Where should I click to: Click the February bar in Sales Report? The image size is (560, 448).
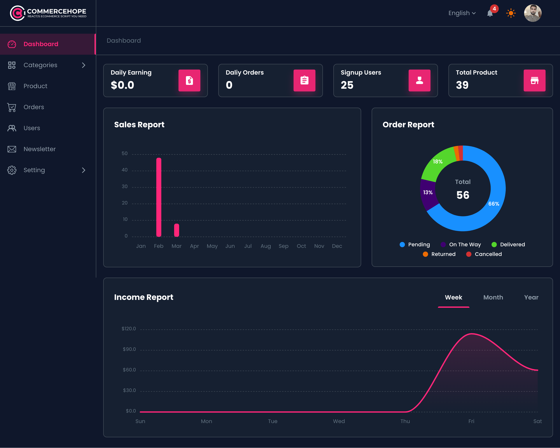coord(159,197)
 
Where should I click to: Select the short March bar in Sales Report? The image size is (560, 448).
coord(177,230)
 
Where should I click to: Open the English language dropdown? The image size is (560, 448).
coord(462,13)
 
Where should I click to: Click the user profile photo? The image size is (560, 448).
coord(532,13)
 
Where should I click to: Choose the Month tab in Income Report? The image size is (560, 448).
coord(493,297)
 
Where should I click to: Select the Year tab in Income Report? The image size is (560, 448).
coord(531,297)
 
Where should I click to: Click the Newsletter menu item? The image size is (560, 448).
coord(39,149)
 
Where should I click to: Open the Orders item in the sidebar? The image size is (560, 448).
coord(34,107)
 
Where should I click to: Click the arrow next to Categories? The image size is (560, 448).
coord(83,65)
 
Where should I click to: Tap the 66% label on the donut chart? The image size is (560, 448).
coord(493,204)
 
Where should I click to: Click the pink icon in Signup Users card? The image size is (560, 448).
coord(419,80)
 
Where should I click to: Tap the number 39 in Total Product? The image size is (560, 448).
coord(462,85)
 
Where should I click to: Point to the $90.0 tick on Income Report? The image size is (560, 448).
coord(129,349)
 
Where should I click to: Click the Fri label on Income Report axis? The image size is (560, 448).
coord(471,421)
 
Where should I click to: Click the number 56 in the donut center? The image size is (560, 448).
coord(463,195)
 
